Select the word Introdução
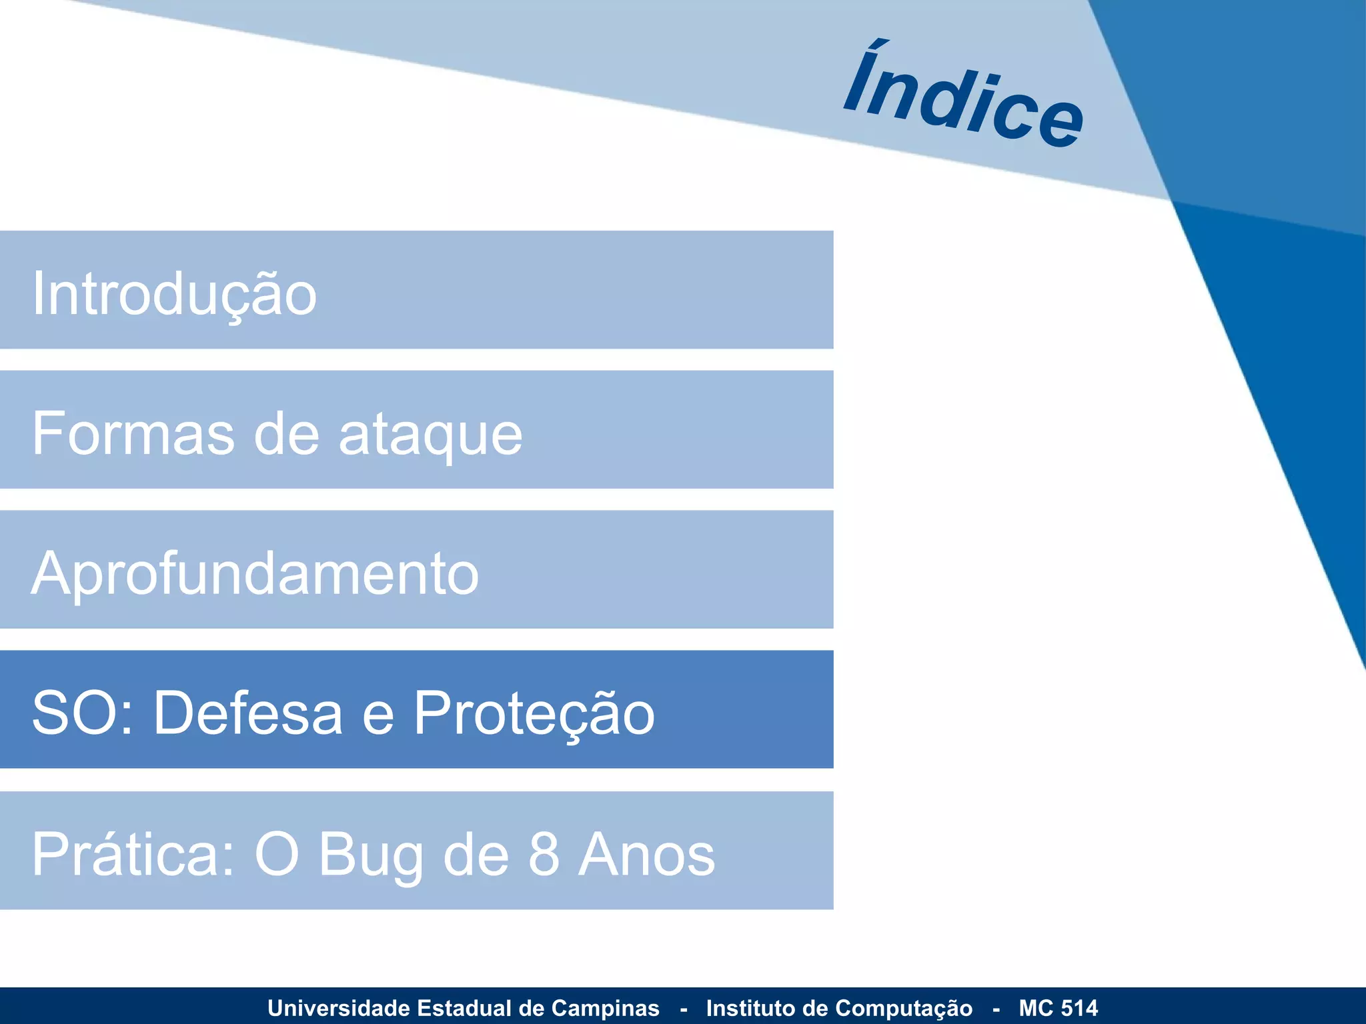pyautogui.click(x=174, y=294)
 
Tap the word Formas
pyautogui.click(x=133, y=434)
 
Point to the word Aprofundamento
pyautogui.click(x=255, y=574)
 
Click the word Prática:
pyautogui.click(x=133, y=854)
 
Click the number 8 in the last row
pyautogui.click(x=544, y=854)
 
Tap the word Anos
pyautogui.click(x=646, y=854)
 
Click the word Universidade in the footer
pyautogui.click(x=338, y=1008)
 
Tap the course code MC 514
pyautogui.click(x=1058, y=1008)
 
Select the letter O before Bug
pyautogui.click(x=276, y=854)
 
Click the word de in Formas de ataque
pyautogui.click(x=287, y=434)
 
